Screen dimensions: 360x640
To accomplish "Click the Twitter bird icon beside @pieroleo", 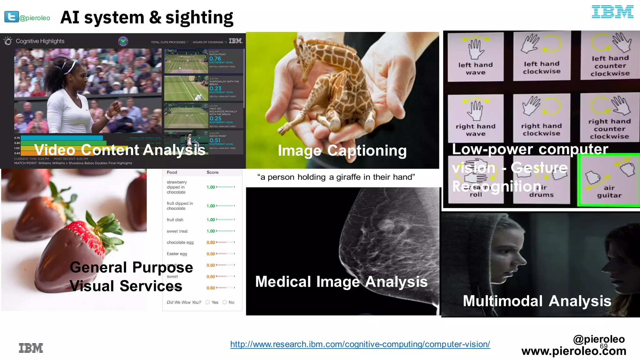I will pos(11,17).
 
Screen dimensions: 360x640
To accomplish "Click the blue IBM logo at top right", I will pos(612,12).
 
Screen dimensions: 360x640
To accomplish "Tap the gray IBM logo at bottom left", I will pos(31,348).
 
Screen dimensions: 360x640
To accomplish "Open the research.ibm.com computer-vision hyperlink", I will pos(360,344).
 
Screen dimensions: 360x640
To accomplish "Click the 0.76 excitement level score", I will pos(215,59).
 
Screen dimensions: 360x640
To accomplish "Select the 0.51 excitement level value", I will pos(215,140).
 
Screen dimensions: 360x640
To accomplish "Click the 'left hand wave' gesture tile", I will pos(475,56).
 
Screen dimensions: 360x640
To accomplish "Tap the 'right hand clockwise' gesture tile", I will pos(541,118).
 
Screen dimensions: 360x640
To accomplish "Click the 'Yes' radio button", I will pos(207,302).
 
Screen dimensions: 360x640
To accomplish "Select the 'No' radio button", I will pos(225,302).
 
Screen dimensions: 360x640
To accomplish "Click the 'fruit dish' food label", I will pos(175,220).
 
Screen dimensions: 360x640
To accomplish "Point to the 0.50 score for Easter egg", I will pos(211,254).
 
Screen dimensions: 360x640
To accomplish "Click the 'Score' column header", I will pos(212,172).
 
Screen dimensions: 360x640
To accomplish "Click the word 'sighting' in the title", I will pos(199,17).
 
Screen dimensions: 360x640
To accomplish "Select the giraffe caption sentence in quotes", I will pos(336,177).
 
